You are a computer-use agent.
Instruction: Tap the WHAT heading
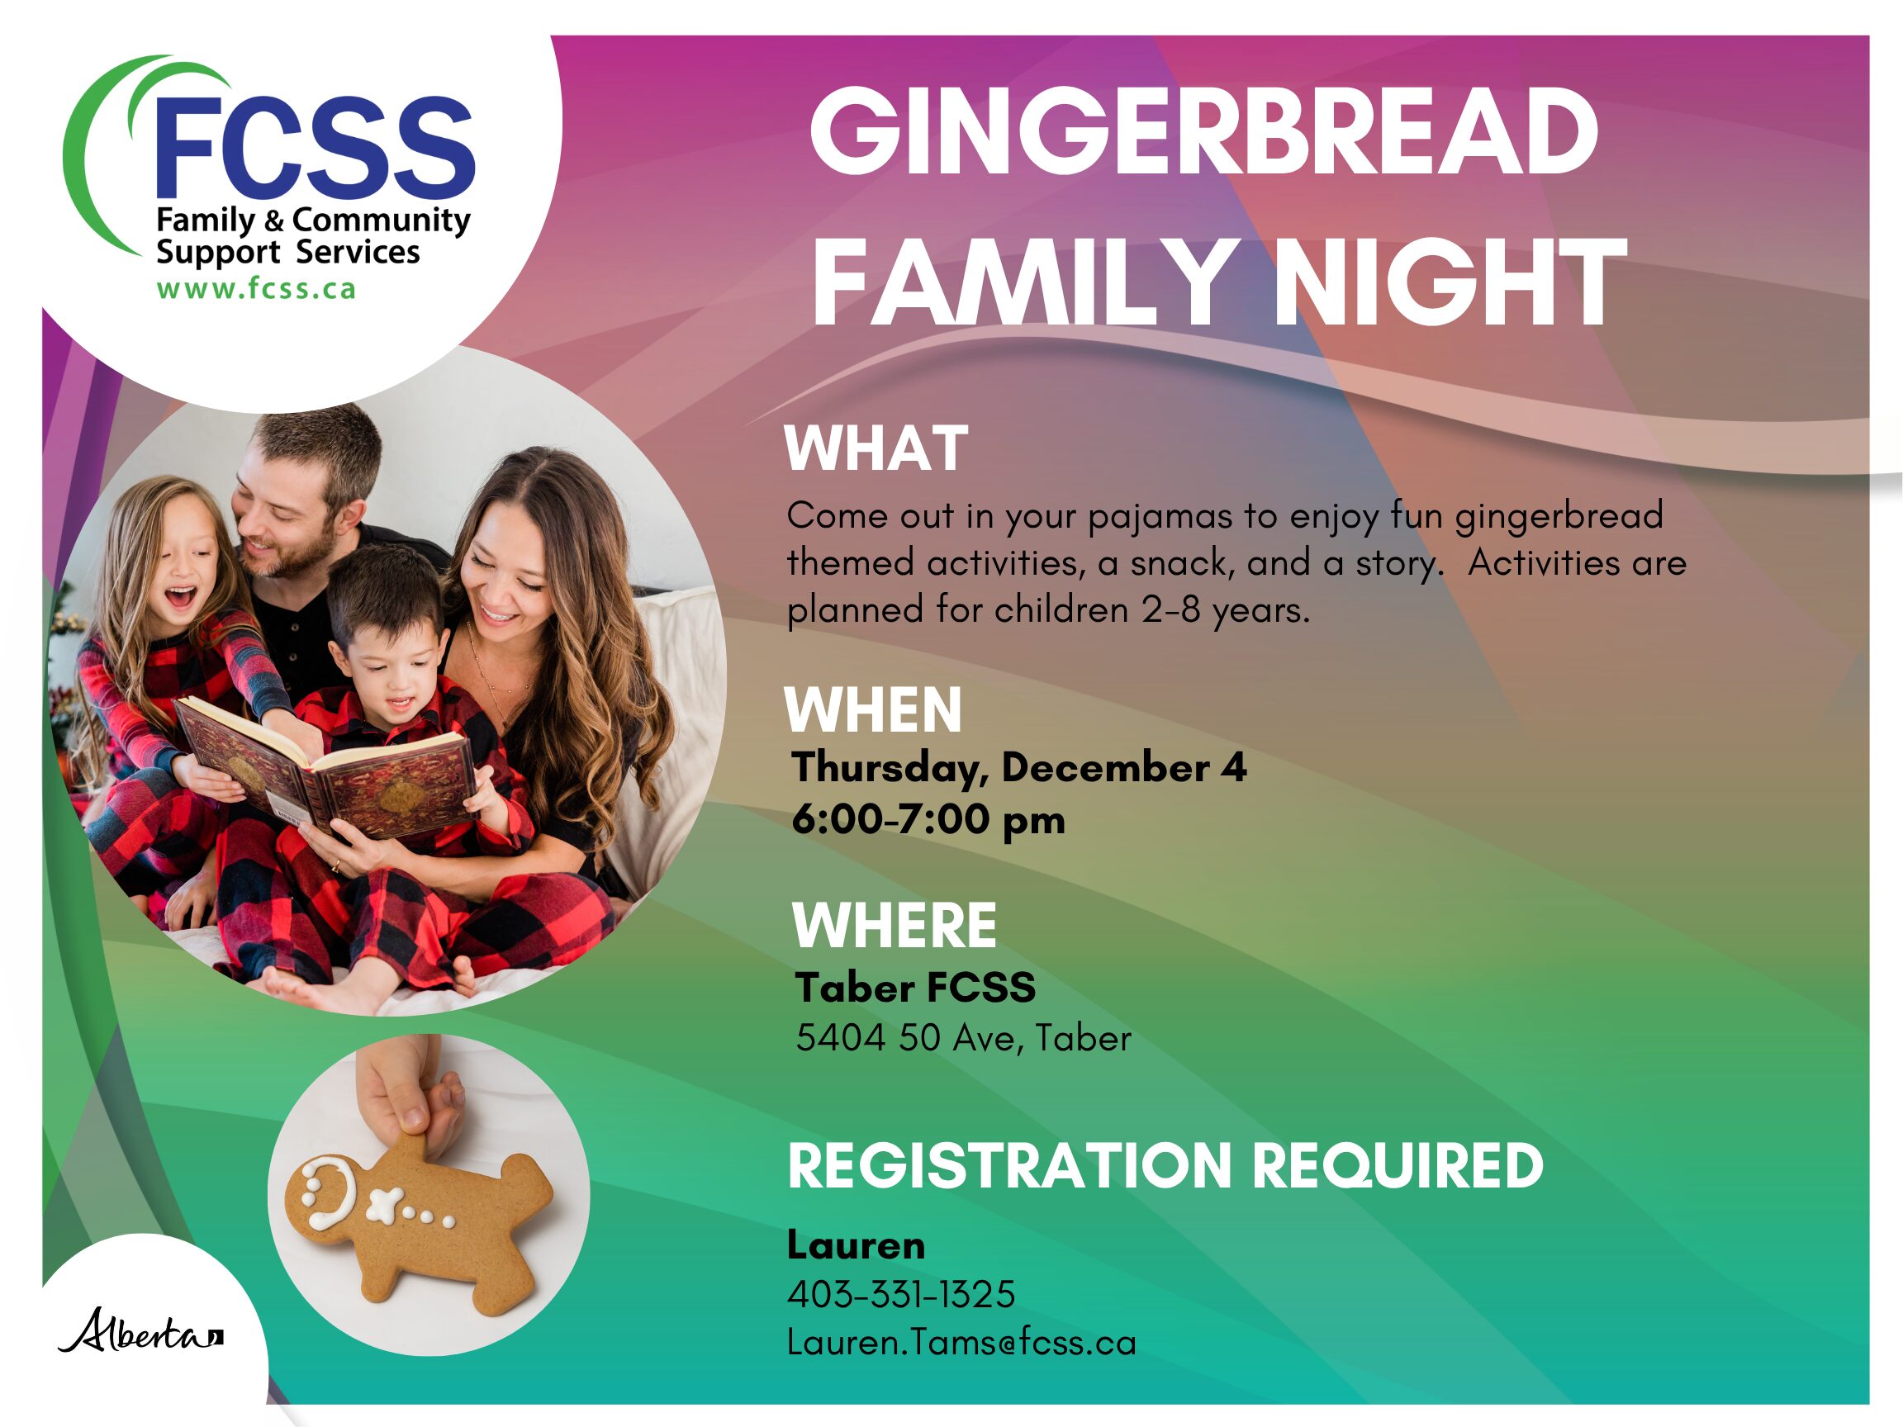(876, 448)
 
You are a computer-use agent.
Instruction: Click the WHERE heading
(894, 926)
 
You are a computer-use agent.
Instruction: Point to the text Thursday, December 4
(1018, 766)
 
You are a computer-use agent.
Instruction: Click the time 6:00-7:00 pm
(928, 819)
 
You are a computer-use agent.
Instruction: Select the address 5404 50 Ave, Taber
(964, 1038)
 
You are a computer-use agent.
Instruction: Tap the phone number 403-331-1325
(901, 1294)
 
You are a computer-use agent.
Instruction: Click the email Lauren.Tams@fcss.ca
(961, 1342)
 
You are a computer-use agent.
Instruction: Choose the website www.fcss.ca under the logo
(255, 288)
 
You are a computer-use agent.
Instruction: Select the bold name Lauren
(856, 1244)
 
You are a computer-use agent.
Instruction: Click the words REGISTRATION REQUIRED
(1165, 1165)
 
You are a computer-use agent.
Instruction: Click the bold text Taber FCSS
(915, 987)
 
